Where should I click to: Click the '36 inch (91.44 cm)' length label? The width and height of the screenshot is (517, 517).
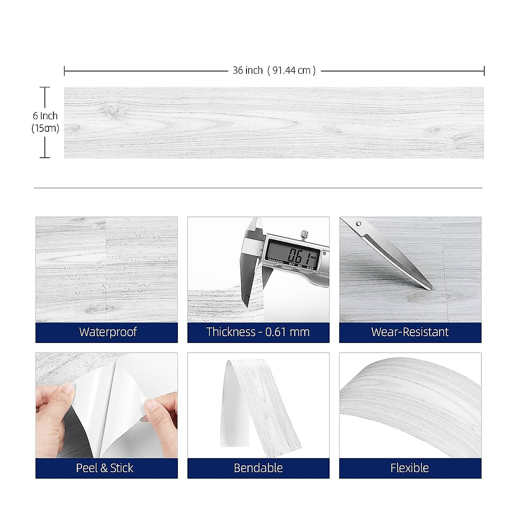point(274,70)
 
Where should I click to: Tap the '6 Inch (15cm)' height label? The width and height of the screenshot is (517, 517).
point(45,122)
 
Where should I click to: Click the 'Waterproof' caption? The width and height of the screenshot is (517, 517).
point(107,332)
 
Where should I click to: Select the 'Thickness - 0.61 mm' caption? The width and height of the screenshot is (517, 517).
point(258,332)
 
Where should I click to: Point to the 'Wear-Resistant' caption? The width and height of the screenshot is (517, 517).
point(410,332)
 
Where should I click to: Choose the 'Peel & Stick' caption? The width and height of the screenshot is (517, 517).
point(105,468)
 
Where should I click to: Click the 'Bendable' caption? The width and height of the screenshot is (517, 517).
point(258,468)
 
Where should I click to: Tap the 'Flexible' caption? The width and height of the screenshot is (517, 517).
point(410,468)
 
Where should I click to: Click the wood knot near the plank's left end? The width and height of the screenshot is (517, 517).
point(113,110)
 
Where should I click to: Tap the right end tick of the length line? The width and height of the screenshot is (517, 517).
point(484,71)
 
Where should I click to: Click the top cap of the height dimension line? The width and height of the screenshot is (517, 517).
point(45,87)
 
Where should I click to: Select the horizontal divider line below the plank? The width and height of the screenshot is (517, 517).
point(258,188)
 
